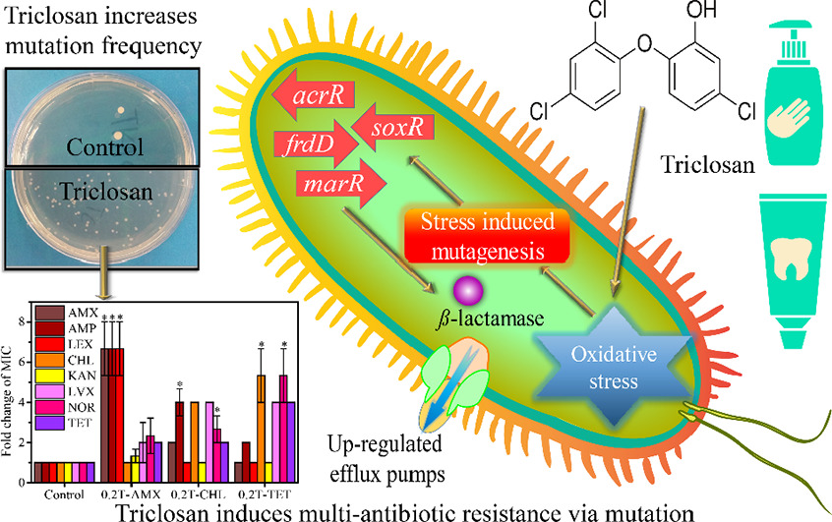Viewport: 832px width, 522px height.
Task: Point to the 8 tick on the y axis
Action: click(25, 319)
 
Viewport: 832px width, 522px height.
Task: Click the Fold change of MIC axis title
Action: click(11, 398)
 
